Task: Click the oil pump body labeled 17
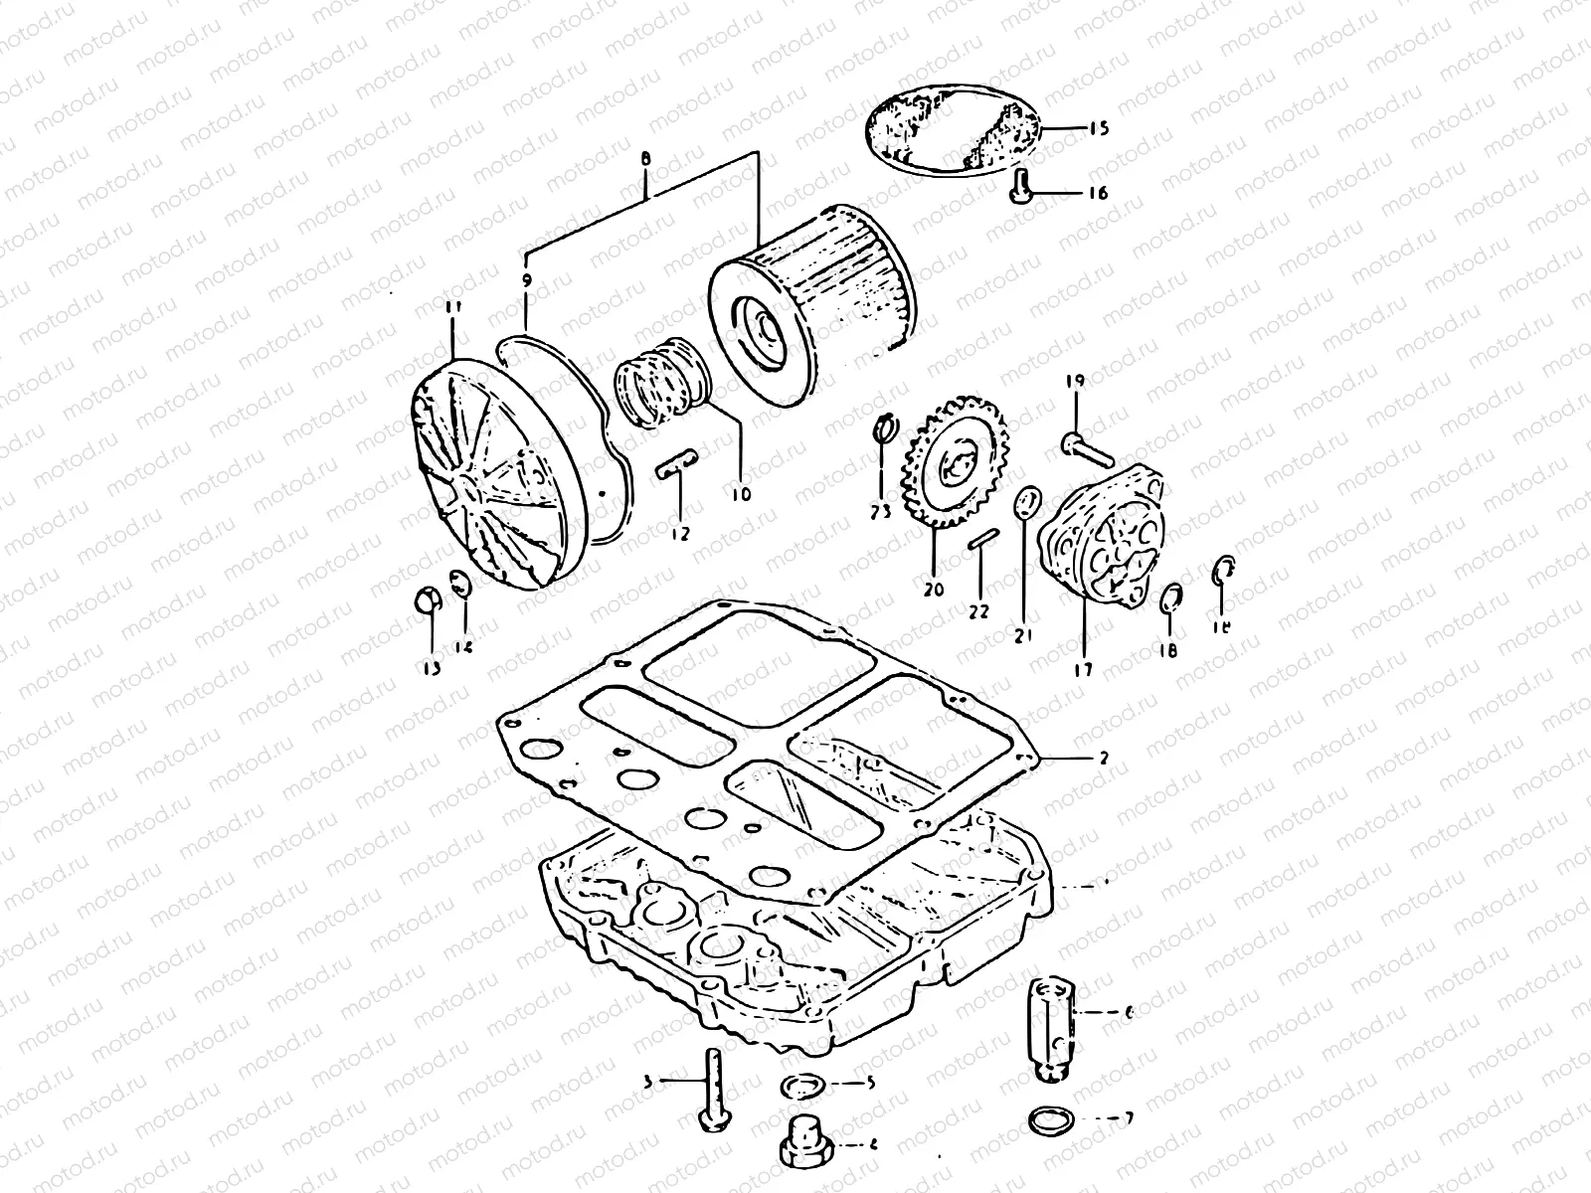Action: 1099,538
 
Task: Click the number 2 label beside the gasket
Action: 1103,757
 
